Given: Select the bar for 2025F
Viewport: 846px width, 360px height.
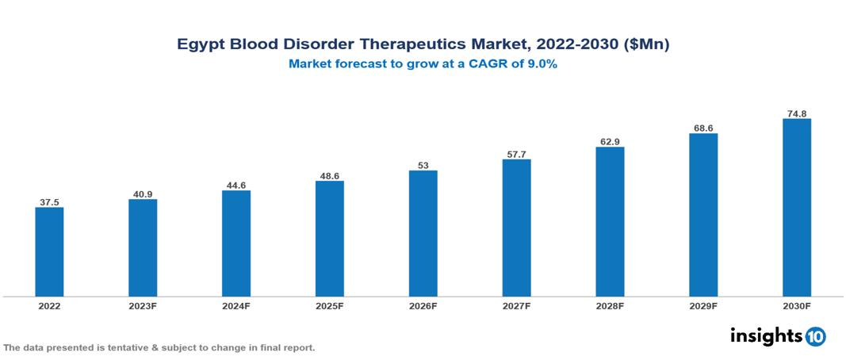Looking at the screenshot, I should click(x=329, y=239).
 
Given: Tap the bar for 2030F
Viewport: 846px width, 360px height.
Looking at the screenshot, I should click(x=796, y=208).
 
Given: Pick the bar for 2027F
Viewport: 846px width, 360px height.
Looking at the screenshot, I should click(x=516, y=228).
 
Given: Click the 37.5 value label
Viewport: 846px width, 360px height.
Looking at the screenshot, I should click(x=49, y=202).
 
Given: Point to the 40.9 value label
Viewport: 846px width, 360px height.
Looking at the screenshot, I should click(x=143, y=193).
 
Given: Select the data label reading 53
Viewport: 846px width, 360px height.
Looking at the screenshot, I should click(x=423, y=165).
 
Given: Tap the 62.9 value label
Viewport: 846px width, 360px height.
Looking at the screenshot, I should click(x=610, y=141).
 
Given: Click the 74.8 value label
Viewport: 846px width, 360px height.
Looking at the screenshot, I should click(x=796, y=113).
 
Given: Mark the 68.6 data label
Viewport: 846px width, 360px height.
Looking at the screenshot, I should click(x=702, y=128).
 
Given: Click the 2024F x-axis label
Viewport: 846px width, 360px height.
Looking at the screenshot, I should click(x=236, y=305).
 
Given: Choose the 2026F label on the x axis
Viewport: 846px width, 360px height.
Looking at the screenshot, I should click(x=423, y=305).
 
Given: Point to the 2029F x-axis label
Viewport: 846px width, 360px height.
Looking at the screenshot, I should click(x=702, y=305).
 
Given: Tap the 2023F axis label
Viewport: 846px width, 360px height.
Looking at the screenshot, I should click(x=143, y=305).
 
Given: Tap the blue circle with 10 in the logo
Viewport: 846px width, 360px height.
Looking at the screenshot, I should click(x=815, y=336).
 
